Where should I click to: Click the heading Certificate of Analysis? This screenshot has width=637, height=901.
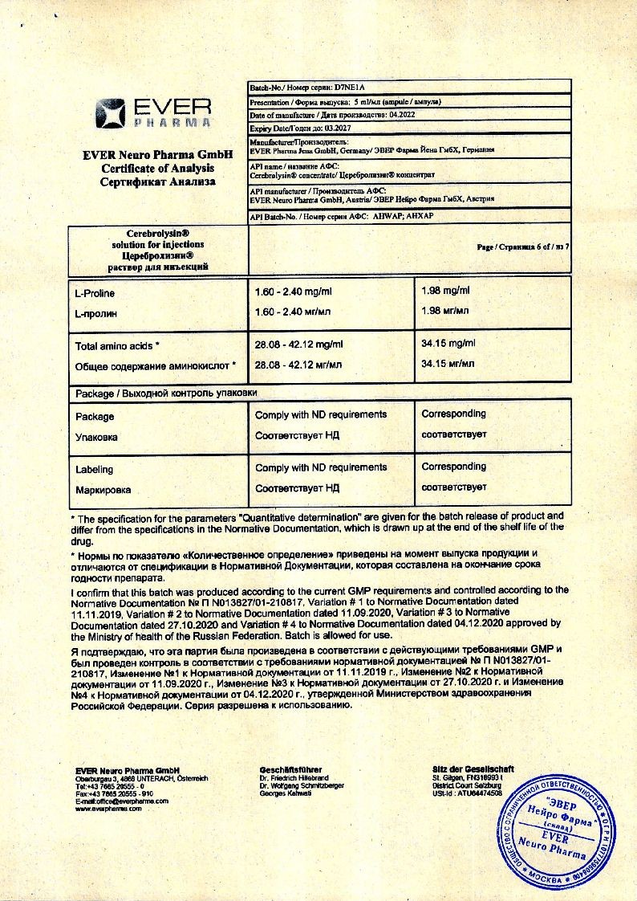pos(157,168)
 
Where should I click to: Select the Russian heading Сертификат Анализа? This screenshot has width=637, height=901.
pos(157,181)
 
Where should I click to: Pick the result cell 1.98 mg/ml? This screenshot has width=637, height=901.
pos(445,291)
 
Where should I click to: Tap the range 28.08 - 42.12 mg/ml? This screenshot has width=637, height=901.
pos(298,344)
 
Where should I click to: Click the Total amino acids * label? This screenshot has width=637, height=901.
pos(117,345)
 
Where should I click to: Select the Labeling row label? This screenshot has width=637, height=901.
pos(94,469)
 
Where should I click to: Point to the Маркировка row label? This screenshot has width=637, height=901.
pos(103,489)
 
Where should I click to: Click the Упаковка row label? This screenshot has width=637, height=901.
pos(96,438)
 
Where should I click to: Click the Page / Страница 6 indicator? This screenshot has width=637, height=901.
pos(522,247)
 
